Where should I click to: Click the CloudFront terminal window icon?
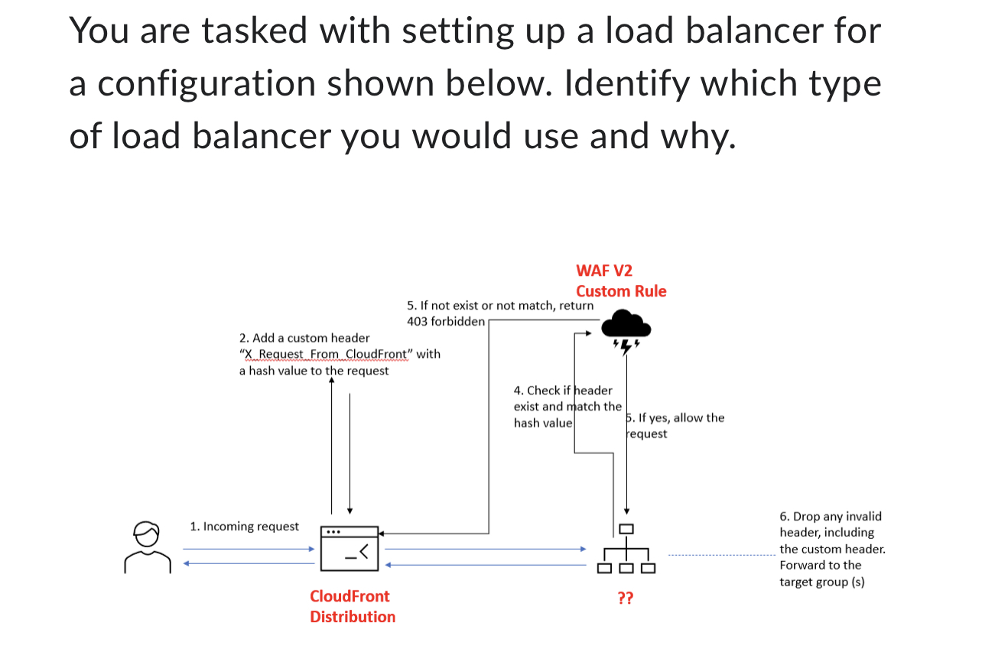(350, 548)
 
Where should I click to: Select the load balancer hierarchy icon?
(626, 550)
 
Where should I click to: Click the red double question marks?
(625, 598)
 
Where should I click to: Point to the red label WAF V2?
(604, 271)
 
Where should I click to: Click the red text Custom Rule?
(621, 291)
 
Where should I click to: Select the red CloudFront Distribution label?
(352, 606)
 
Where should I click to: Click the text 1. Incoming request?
(244, 527)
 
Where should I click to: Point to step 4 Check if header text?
(563, 391)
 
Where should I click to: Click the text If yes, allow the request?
(674, 426)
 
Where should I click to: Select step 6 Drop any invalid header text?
(830, 517)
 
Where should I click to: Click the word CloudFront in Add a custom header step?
(377, 354)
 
